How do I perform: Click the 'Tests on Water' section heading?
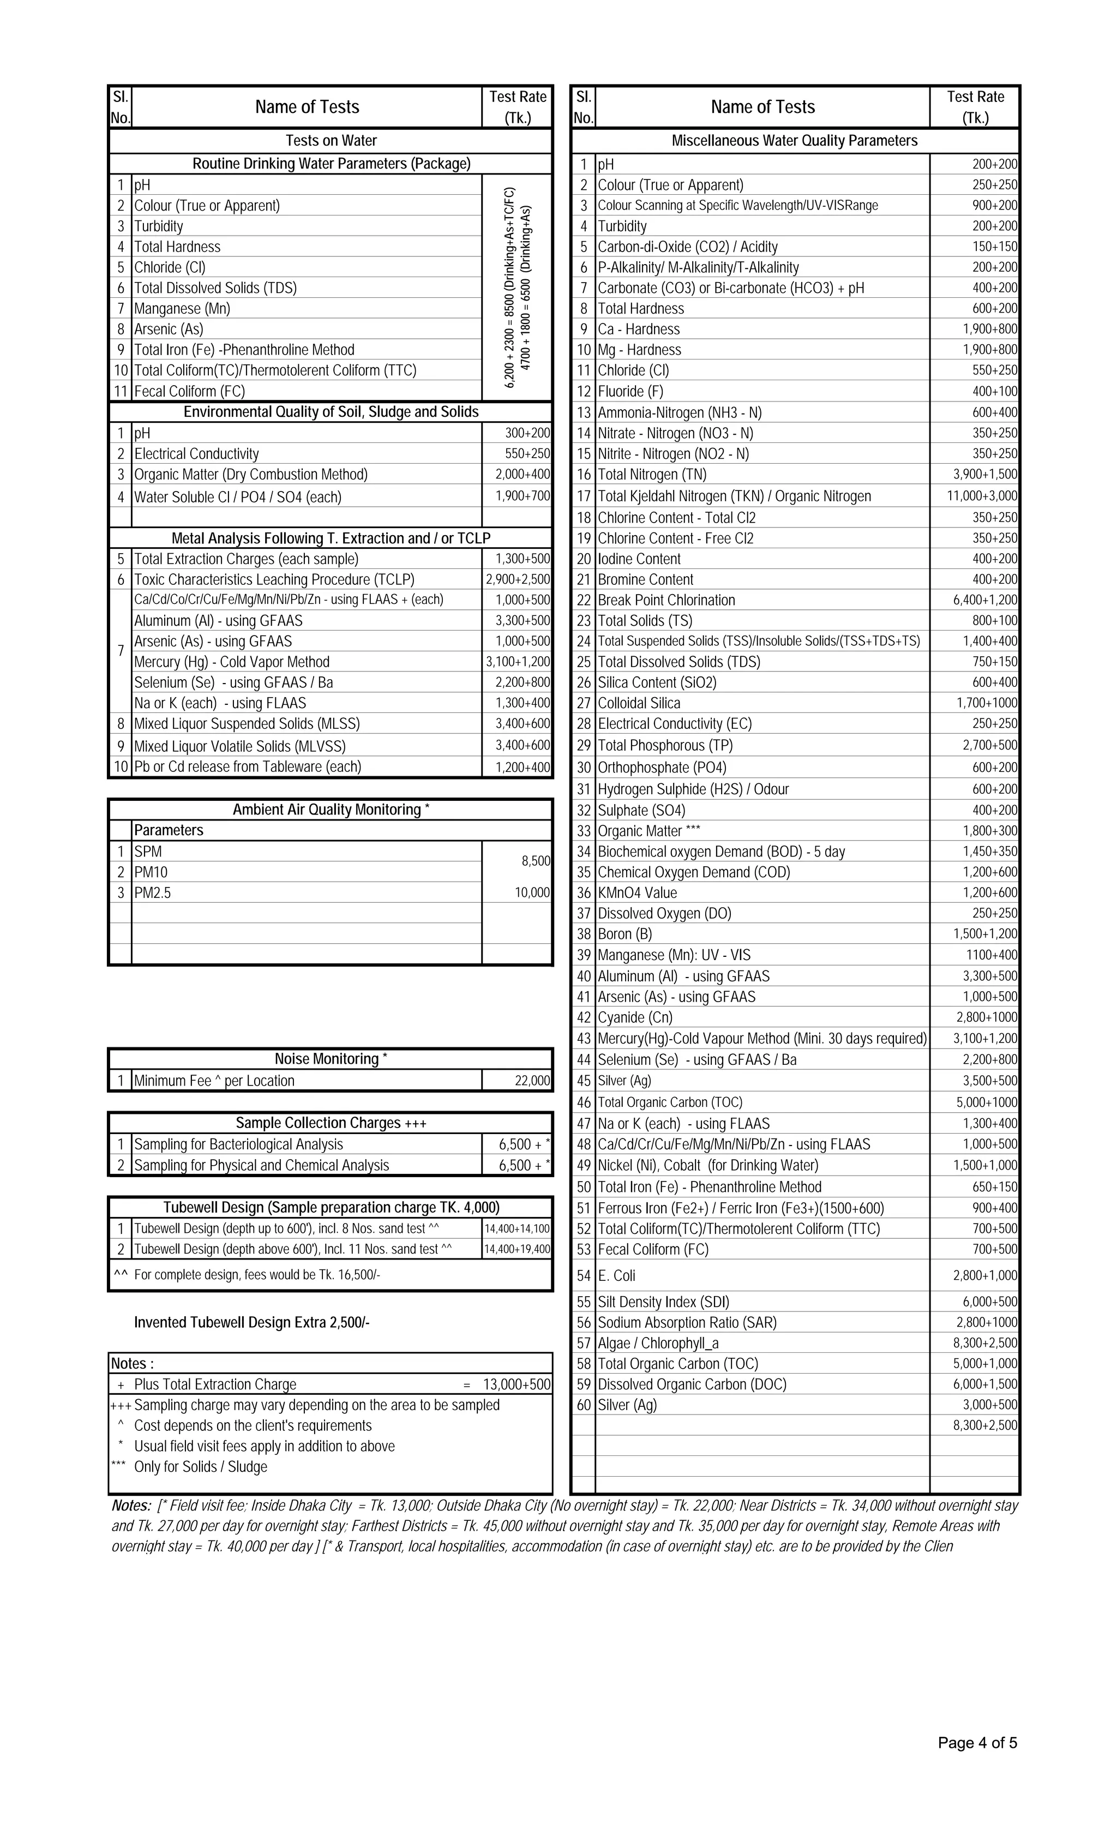331,140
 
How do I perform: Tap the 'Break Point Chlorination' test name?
666,600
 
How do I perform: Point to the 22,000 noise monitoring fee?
532,1081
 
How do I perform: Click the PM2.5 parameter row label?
152,892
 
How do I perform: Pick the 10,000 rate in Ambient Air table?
532,892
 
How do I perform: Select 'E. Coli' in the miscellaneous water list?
616,1275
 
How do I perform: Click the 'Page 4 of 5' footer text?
977,1743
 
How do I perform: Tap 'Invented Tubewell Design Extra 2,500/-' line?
251,1322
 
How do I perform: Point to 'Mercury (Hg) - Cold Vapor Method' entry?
231,662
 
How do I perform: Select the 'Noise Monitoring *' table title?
331,1059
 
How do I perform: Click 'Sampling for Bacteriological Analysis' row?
238,1144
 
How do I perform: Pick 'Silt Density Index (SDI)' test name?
663,1302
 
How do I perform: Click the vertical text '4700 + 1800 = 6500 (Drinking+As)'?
526,287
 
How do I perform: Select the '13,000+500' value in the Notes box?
516,1385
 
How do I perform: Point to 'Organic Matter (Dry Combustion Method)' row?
251,474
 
